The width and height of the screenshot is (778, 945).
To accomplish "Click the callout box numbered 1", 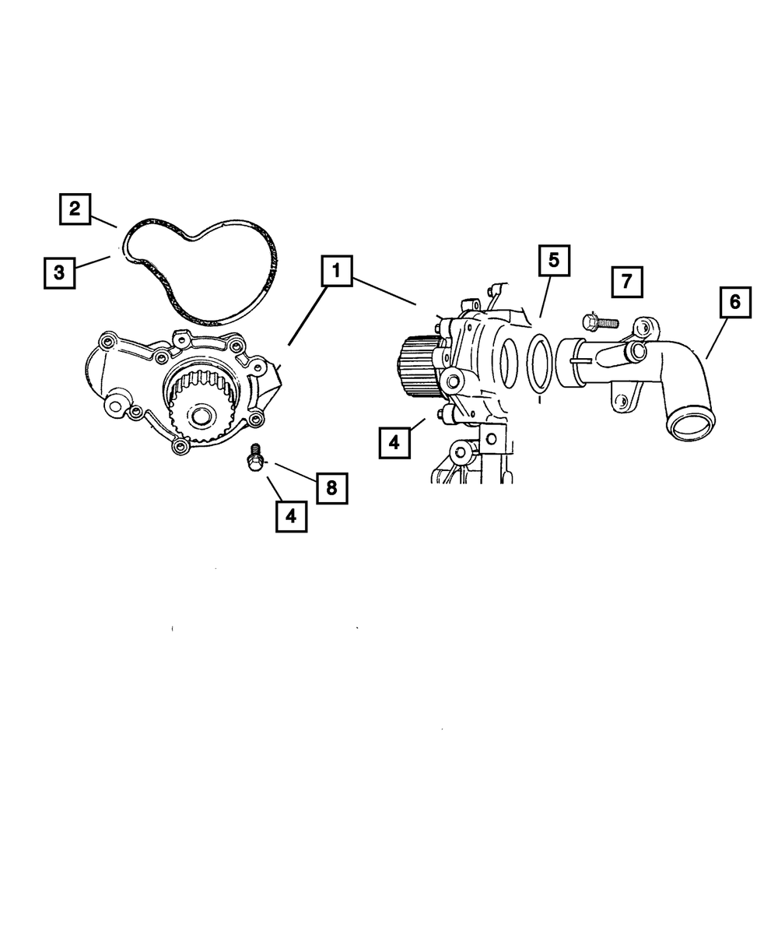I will click(336, 272).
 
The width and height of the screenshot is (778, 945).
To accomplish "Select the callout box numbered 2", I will click(74, 209).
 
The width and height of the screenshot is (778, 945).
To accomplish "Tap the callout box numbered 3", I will click(59, 272).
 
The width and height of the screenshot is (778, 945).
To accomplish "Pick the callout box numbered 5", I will click(553, 261).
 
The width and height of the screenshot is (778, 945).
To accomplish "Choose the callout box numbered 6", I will click(735, 302).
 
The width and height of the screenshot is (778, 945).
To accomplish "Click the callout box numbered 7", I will click(627, 282).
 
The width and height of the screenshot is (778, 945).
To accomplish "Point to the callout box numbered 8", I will click(331, 488).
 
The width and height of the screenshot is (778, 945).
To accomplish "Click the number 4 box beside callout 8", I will click(291, 515).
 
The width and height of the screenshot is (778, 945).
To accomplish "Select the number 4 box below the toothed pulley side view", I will click(394, 441).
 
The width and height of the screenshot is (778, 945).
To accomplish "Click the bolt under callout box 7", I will click(598, 320).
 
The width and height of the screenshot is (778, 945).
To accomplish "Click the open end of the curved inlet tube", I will click(689, 427).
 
